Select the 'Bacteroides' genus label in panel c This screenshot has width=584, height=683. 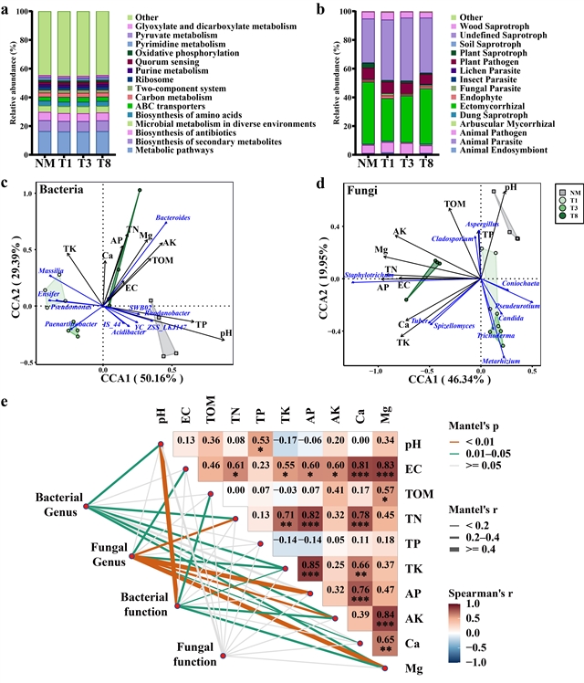tap(172, 218)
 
